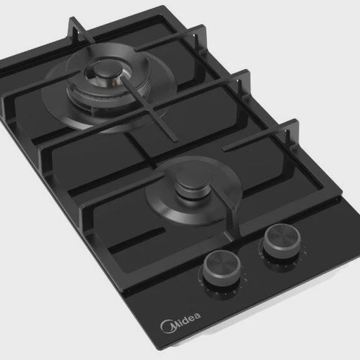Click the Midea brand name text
[x=181, y=323]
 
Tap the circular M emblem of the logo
[x=168, y=326]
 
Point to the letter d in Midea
[x=184, y=319]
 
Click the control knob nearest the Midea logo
[x=221, y=268]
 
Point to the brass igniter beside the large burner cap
[x=115, y=82]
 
